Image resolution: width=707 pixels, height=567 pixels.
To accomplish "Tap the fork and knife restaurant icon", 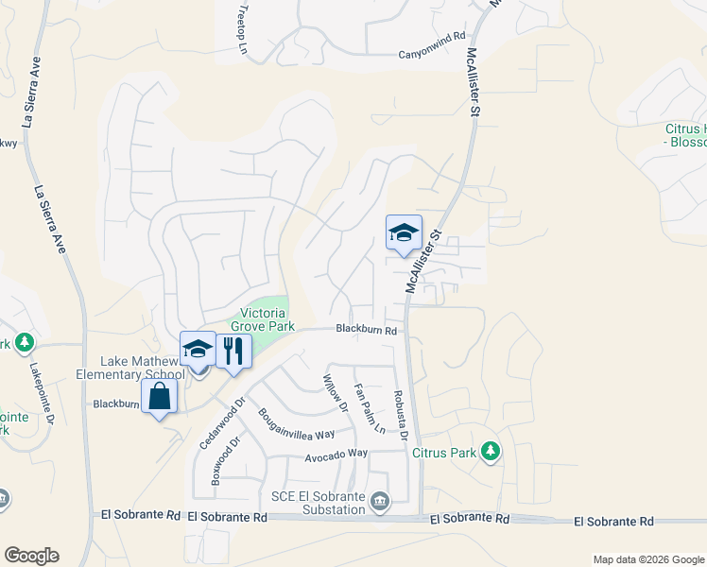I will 232,350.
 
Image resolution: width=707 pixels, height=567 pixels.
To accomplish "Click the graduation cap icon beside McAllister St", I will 404,232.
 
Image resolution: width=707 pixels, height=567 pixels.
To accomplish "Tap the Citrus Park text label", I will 443,453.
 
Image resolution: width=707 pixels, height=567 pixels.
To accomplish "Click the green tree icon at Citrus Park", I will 489,452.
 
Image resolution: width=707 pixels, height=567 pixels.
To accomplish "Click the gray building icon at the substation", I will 379,500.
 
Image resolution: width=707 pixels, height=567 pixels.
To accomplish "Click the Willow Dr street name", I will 336,392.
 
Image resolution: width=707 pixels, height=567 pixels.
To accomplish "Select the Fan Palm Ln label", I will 370,408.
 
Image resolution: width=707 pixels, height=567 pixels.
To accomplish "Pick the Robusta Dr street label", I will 400,415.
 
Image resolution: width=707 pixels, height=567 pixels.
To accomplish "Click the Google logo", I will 31,556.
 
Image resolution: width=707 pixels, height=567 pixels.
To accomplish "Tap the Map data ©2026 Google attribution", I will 647,559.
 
